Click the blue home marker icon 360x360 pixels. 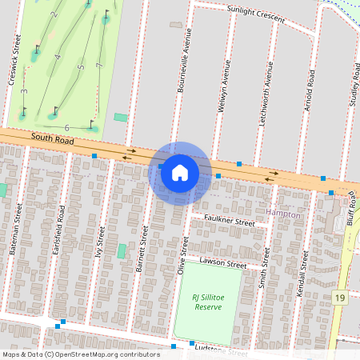point(179,172)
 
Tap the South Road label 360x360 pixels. point(53,138)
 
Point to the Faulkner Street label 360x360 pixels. point(228,222)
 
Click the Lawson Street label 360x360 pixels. point(223,262)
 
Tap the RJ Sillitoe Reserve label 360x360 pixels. point(207,302)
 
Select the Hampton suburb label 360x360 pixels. point(283,215)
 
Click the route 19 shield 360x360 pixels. point(339,298)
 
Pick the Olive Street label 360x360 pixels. point(182,256)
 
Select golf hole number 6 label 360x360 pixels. point(67,128)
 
